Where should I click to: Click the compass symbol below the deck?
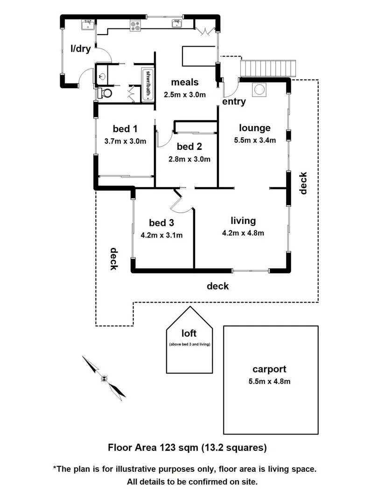[x=104, y=378]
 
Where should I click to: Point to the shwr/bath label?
[x=148, y=82]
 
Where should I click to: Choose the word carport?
[x=269, y=369]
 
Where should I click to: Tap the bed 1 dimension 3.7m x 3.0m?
[x=125, y=141]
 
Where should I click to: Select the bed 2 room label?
[x=189, y=147]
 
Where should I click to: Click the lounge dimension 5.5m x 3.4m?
[x=255, y=140]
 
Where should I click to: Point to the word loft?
[x=189, y=333]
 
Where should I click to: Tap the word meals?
[x=185, y=83]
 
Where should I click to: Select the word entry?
[x=234, y=101]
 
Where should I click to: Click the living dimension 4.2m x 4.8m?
[x=243, y=233]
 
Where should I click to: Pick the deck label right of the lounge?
[x=304, y=183]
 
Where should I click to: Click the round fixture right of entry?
[x=259, y=89]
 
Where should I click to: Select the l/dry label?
[x=81, y=48]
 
